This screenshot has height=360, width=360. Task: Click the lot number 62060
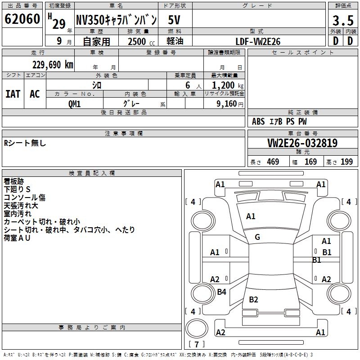[x=22, y=19]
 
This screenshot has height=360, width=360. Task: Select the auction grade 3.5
[x=343, y=20]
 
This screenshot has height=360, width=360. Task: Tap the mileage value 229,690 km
[x=53, y=65]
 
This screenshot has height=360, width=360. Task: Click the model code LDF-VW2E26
[x=258, y=41]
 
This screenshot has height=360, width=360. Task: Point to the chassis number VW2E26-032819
[x=302, y=143]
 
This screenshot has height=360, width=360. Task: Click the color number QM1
[x=74, y=104]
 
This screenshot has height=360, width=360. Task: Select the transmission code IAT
[x=13, y=94]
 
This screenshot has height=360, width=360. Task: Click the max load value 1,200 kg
[x=228, y=85]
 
